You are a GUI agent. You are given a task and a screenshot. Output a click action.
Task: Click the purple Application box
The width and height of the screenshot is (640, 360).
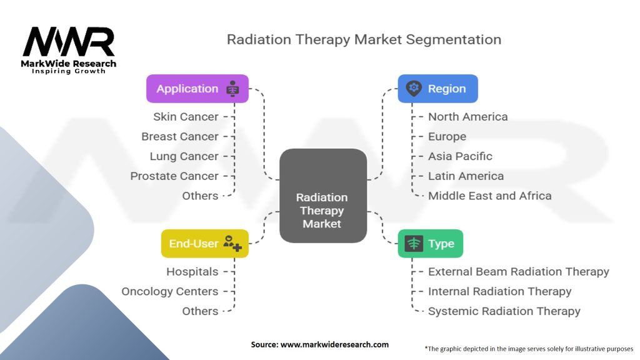click(197, 89)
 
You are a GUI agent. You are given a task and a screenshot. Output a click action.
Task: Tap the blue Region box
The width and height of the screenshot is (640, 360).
click(437, 89)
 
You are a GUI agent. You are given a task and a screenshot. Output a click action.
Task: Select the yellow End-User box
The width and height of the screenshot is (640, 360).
click(204, 244)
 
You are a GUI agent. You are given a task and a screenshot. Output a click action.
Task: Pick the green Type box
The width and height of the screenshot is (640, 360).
click(430, 244)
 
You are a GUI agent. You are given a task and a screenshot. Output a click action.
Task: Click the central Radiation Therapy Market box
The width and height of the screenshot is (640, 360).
click(322, 196)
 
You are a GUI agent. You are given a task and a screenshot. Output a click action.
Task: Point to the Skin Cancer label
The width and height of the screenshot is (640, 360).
click(186, 117)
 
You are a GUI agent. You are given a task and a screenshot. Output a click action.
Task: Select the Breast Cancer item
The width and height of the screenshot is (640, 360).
click(180, 136)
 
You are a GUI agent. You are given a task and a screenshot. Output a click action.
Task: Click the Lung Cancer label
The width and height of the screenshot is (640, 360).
click(184, 156)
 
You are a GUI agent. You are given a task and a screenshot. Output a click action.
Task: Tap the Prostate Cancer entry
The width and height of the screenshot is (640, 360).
click(174, 176)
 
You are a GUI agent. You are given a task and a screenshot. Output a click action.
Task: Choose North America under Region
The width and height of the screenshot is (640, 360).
click(467, 117)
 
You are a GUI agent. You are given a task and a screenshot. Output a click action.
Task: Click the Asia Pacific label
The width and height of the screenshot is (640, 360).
click(460, 156)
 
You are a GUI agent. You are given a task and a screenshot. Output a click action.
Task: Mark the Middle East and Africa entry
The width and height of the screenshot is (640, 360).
click(489, 196)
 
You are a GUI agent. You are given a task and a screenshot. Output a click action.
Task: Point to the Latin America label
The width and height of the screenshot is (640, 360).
click(466, 176)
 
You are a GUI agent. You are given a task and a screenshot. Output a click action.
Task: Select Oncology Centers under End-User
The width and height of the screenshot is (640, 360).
click(170, 291)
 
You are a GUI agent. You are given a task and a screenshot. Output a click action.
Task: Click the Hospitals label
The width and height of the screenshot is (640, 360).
click(192, 272)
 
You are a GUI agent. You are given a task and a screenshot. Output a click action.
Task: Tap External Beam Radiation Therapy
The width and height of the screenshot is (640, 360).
click(518, 272)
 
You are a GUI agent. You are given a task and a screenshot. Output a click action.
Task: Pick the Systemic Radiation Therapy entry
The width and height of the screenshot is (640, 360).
click(504, 311)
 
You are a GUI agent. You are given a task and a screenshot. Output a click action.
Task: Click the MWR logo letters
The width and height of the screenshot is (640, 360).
click(69, 42)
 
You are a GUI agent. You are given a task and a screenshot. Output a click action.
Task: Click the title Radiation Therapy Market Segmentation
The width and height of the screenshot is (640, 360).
click(364, 39)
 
